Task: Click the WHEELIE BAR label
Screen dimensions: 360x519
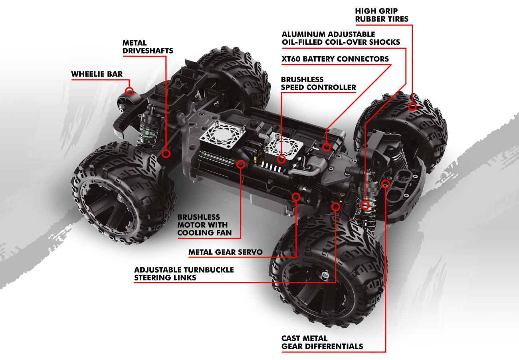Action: point(97,74)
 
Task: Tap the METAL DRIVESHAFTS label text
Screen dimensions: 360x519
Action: point(148,47)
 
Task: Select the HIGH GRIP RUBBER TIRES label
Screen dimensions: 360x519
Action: point(381,15)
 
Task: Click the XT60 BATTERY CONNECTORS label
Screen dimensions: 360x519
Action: point(335,59)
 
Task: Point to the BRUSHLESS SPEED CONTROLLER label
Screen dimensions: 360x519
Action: point(318,83)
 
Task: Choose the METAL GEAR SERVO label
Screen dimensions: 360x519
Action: point(225,252)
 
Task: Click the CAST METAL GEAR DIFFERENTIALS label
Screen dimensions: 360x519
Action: point(322,342)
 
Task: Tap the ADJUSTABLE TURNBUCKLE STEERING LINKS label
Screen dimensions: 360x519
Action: point(184,273)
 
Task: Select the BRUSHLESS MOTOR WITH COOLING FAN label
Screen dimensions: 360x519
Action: point(204,225)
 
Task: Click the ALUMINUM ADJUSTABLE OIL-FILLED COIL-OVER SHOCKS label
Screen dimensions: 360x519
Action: point(341,38)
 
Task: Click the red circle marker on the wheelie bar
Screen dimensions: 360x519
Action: point(129,91)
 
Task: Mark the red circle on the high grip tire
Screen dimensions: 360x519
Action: point(412,107)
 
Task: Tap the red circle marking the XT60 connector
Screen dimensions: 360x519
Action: point(327,147)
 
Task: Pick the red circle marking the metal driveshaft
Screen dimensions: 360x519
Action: point(166,153)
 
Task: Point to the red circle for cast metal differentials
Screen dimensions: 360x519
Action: point(385,184)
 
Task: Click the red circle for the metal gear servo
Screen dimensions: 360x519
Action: point(296,197)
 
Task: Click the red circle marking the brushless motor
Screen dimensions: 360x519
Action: point(241,164)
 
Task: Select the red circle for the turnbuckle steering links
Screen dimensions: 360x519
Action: point(335,206)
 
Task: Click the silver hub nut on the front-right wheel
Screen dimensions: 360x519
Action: point(325,275)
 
